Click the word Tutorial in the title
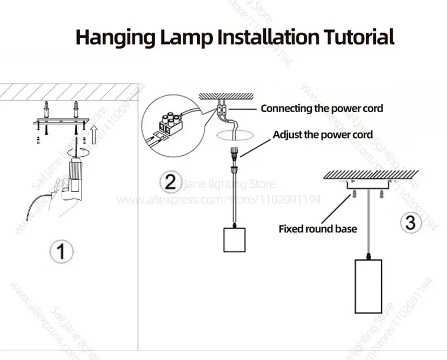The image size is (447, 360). (359, 37)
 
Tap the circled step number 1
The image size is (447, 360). (61, 251)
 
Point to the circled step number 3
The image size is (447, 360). (411, 222)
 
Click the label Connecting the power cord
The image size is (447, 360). (321, 108)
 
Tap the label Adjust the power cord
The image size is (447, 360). (323, 135)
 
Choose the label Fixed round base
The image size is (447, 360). (317, 229)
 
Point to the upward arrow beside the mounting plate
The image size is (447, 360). (95, 135)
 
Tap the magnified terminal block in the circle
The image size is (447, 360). (168, 125)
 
